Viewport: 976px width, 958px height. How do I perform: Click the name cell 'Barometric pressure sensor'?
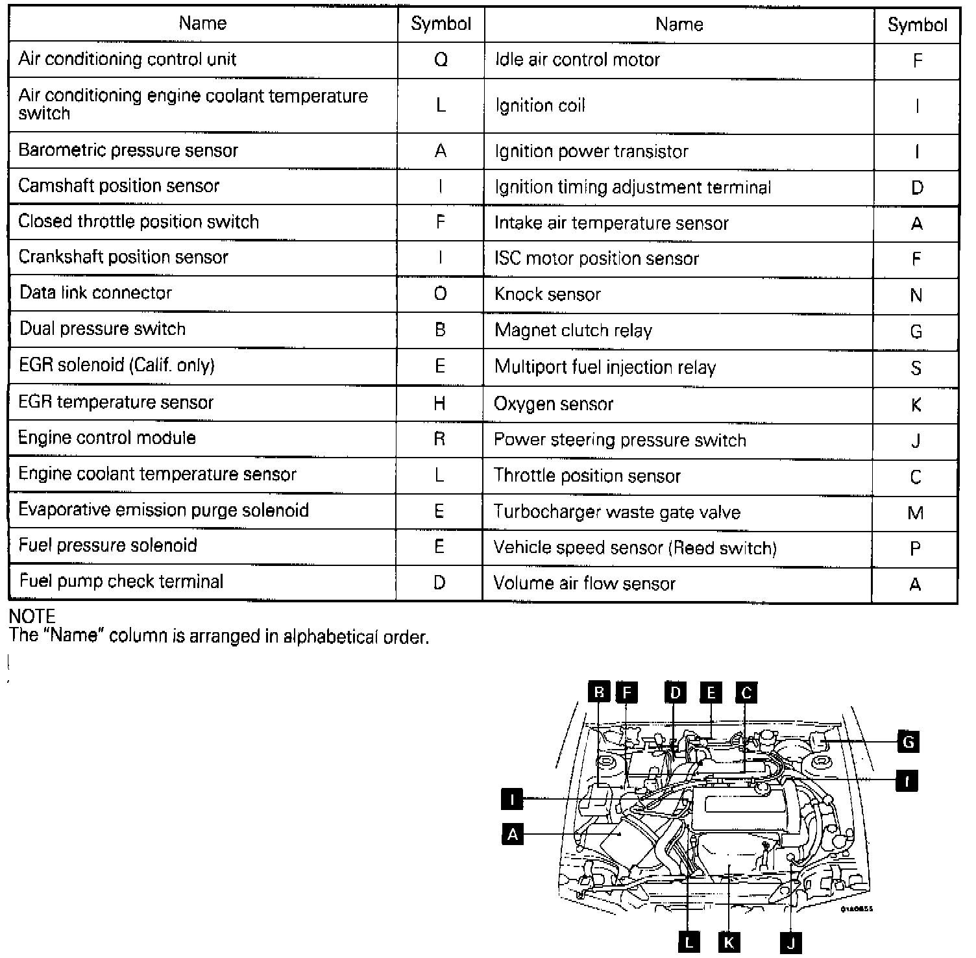(128, 151)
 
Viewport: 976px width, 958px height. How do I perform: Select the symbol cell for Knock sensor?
(916, 295)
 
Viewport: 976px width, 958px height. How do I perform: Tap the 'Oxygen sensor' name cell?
(554, 404)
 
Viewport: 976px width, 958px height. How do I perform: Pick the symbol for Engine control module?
(439, 439)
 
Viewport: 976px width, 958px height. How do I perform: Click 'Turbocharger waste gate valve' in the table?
(616, 512)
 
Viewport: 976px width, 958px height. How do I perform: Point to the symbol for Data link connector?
(440, 294)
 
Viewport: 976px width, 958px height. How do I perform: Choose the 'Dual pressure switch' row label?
(103, 329)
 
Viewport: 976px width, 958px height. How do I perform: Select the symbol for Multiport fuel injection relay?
(916, 368)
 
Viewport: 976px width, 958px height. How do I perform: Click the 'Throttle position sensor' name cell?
(587, 476)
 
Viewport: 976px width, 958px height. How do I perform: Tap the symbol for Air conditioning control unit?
(441, 60)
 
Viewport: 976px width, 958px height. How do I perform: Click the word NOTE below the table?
(32, 616)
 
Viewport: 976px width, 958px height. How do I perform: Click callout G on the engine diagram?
(908, 741)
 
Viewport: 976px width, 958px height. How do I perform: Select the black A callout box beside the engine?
(513, 834)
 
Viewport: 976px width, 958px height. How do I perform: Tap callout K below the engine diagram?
(729, 942)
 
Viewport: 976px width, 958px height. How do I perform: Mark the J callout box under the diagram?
(791, 942)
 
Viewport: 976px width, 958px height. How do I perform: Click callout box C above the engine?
(746, 693)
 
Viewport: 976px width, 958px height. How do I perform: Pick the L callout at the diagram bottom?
(689, 942)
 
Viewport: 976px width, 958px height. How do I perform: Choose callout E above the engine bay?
(711, 693)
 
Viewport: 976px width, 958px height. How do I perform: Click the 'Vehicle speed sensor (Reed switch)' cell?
(635, 548)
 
